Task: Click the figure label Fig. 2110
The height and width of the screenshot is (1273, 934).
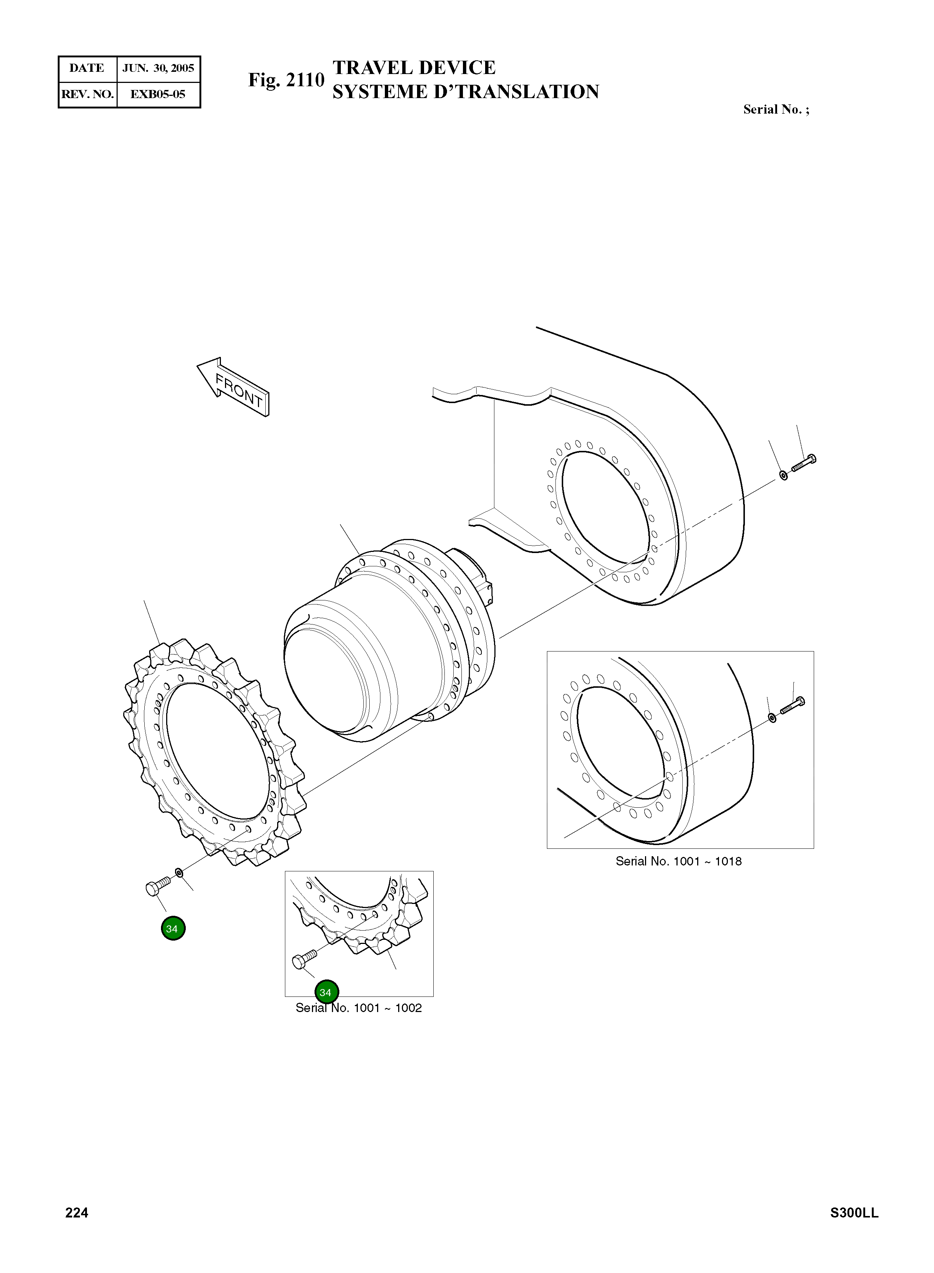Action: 286,80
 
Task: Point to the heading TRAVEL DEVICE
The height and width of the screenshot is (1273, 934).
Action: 414,68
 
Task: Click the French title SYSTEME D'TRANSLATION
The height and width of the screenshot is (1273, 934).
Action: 465,91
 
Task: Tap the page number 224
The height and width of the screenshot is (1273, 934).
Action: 77,1213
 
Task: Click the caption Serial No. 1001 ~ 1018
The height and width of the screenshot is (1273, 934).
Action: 678,861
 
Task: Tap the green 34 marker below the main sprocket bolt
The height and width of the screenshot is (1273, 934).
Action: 173,929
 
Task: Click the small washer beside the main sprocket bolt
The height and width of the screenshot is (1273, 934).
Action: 179,873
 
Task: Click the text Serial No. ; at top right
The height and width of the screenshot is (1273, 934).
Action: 776,110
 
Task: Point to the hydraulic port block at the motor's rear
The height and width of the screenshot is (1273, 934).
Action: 486,588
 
